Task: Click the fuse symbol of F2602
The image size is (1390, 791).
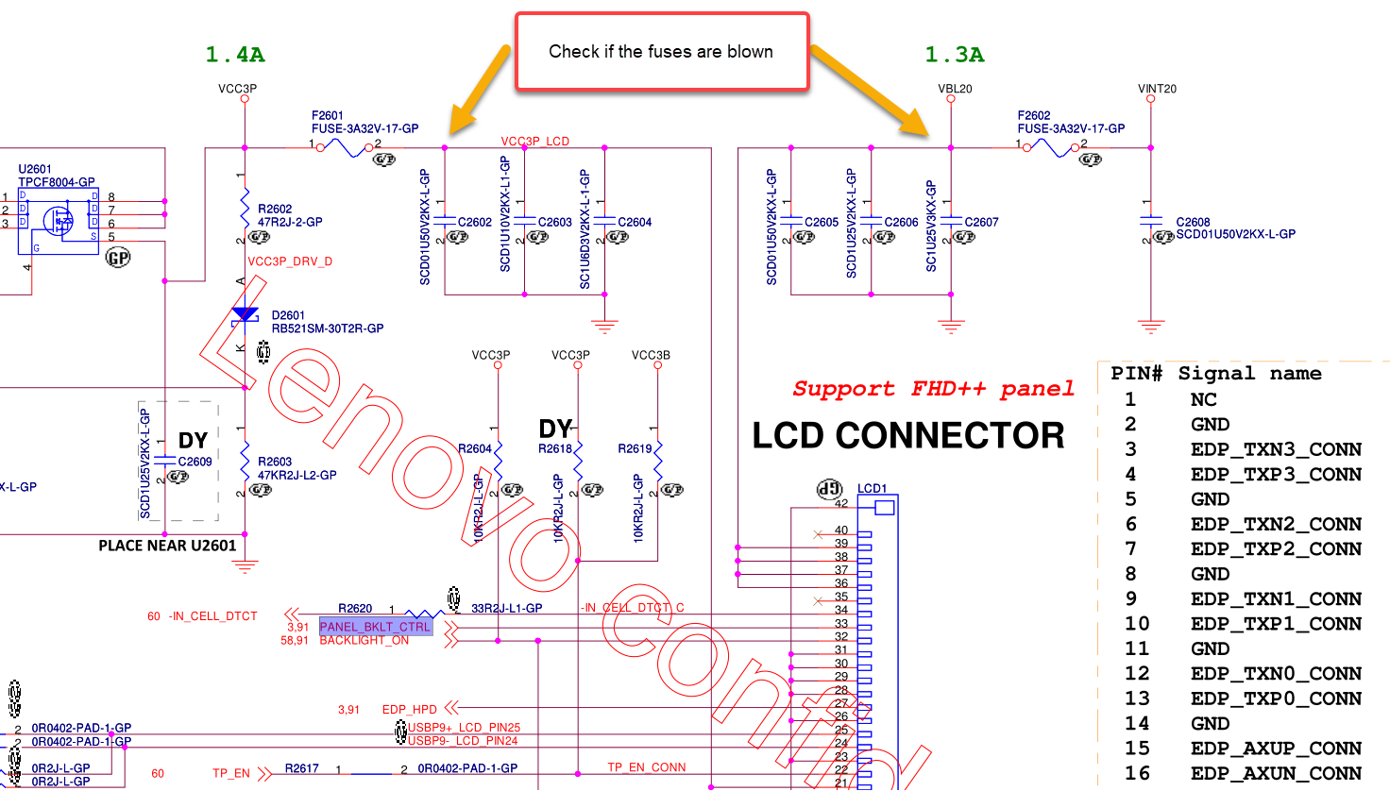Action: (1050, 147)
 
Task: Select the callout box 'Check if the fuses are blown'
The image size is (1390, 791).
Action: (661, 52)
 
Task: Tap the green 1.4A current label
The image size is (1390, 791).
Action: (235, 55)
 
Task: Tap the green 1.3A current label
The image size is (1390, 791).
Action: (955, 55)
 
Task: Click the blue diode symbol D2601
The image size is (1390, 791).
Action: (246, 314)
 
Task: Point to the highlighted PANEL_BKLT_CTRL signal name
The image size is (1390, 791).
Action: (375, 627)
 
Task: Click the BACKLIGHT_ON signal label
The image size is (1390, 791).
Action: (364, 641)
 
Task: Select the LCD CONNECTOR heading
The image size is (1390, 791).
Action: (907, 435)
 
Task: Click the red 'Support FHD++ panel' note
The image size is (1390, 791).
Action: (933, 389)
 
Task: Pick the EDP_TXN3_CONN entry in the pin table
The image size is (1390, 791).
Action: (1276, 449)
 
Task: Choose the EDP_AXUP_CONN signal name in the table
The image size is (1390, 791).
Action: (1276, 749)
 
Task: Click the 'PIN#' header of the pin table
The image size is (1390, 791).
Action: (1136, 374)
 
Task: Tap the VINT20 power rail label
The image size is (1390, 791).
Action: (1157, 89)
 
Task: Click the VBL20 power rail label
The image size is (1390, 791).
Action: (955, 89)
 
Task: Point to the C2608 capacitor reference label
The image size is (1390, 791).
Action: (1193, 222)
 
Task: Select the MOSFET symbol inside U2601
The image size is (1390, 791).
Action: (59, 221)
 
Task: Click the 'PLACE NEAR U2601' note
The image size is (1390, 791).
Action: (167, 546)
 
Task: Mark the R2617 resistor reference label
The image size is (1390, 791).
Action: (302, 769)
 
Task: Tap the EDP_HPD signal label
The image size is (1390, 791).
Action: (409, 709)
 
